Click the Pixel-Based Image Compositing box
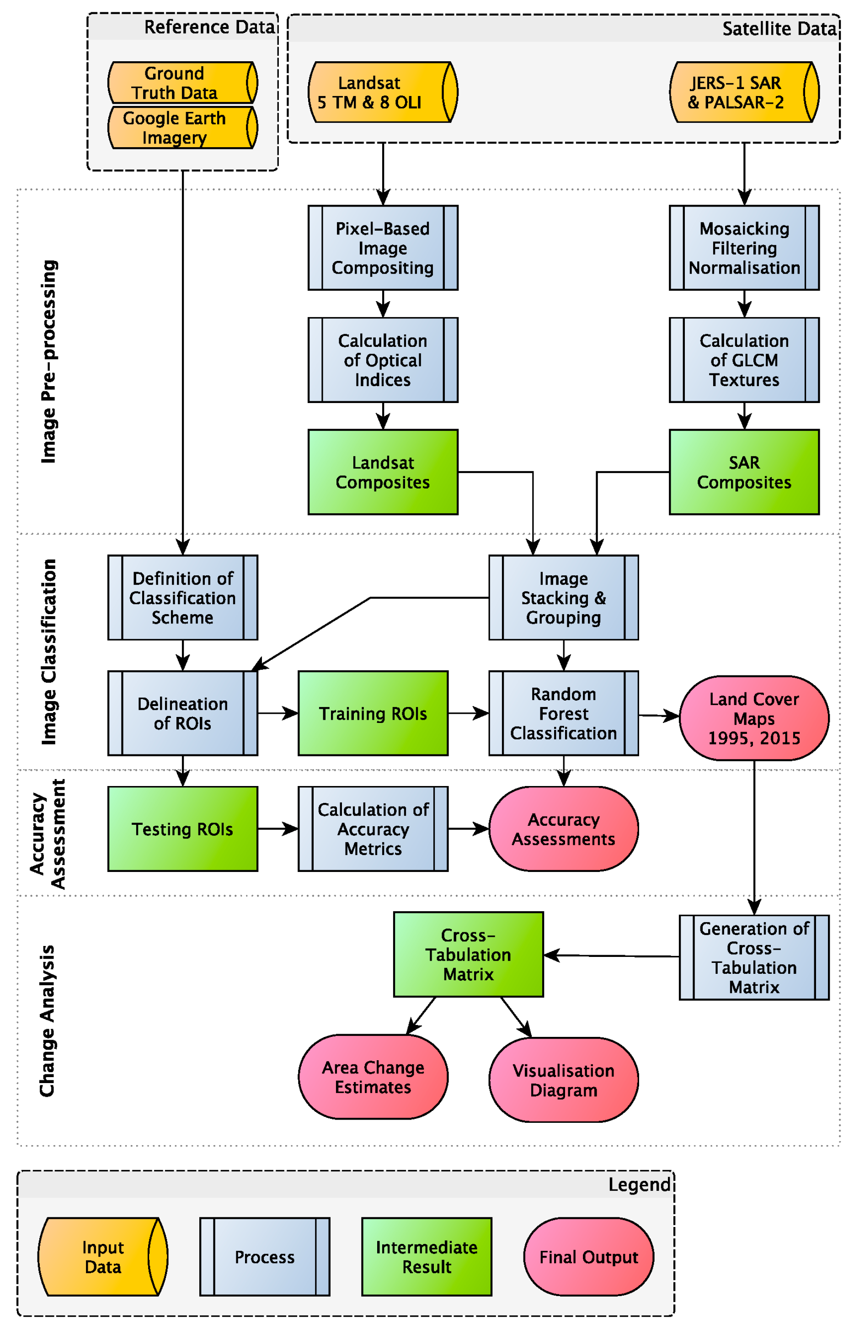point(383,248)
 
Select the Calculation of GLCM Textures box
point(744,360)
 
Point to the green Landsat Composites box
point(383,472)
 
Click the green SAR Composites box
point(744,472)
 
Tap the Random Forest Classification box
point(563,713)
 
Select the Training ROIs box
point(373,713)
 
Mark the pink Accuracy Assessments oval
point(563,829)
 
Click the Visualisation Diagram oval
point(563,1080)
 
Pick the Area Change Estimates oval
point(373,1077)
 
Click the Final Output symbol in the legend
point(588,1257)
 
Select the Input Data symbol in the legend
point(102,1257)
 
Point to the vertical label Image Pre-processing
point(49,361)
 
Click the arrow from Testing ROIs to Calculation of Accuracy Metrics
point(277,829)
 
